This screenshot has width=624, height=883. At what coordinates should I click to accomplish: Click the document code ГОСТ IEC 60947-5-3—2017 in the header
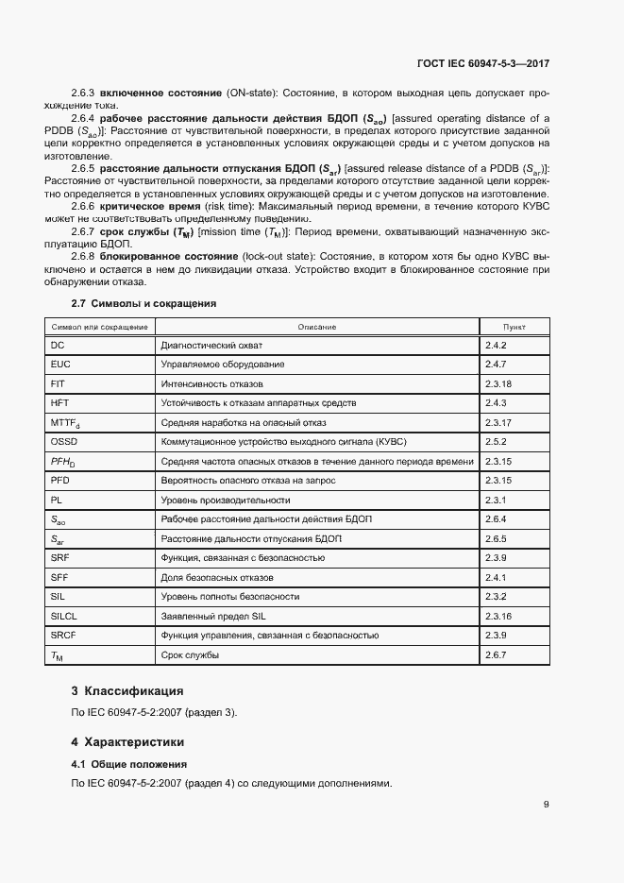click(483, 63)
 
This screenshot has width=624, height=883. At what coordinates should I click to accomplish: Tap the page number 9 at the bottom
click(547, 805)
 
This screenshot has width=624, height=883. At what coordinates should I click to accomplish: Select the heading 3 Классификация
click(135, 691)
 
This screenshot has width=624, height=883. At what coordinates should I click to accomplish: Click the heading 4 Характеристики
click(134, 742)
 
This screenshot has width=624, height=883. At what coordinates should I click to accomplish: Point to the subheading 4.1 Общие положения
click(129, 764)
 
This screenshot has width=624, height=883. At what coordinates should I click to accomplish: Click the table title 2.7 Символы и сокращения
click(144, 304)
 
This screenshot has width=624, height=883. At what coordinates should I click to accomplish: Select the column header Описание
click(316, 327)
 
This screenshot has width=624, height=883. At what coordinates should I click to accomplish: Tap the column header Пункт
click(514, 327)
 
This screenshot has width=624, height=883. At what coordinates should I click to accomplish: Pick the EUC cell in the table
click(60, 365)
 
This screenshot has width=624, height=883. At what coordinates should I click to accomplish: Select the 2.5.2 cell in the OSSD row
click(497, 442)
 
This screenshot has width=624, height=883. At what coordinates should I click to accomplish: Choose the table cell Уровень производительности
click(225, 500)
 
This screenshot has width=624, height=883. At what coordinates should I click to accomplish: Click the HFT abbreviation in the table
click(60, 403)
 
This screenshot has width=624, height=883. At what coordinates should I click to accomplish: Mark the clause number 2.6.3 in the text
click(84, 93)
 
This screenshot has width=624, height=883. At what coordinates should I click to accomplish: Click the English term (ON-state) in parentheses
click(253, 93)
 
